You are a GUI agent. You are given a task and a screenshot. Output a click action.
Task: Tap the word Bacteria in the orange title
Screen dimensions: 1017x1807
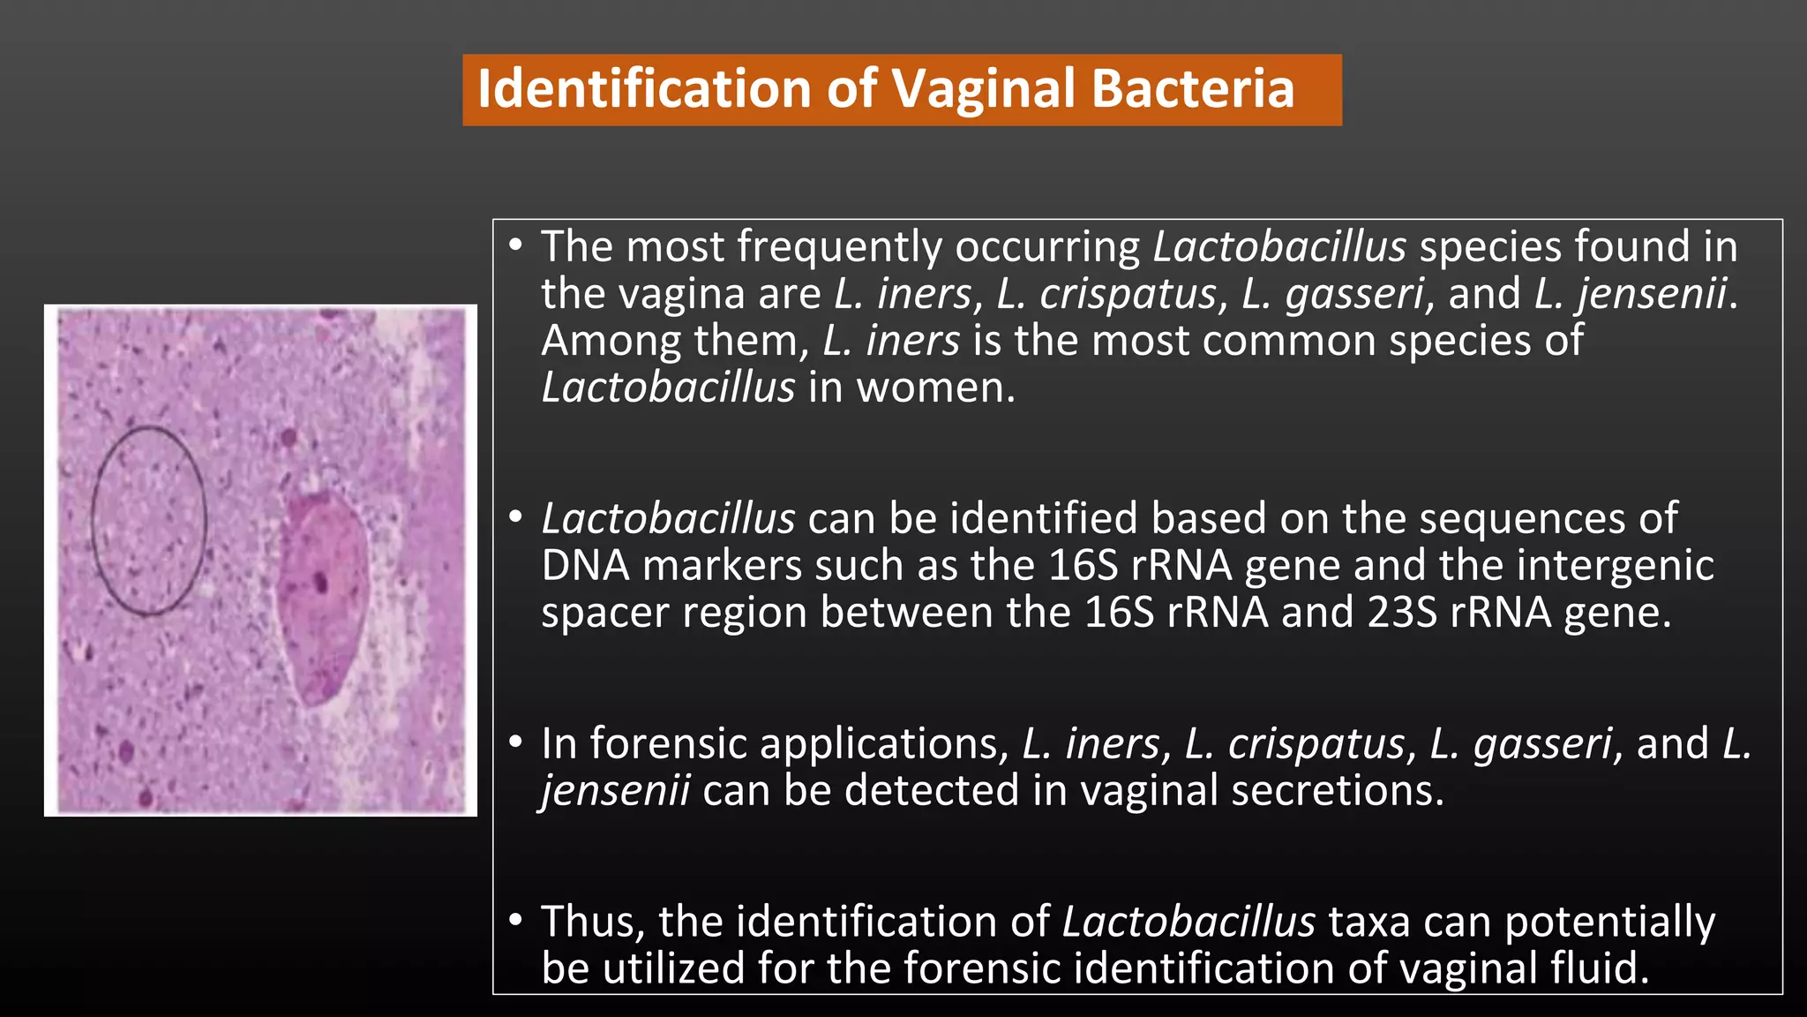(x=1192, y=89)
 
